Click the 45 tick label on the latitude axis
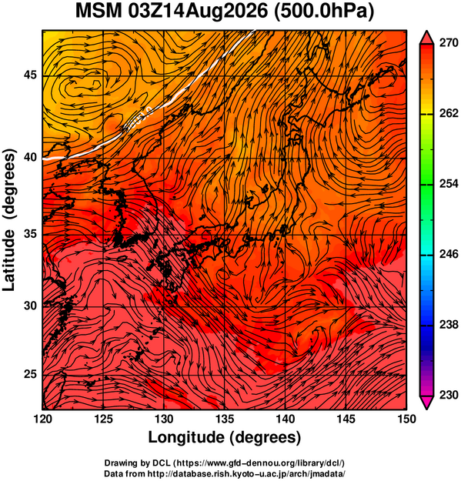coord(30,75)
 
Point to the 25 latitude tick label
coord(30,375)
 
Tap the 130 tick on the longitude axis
coord(164,419)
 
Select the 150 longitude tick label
coord(406,419)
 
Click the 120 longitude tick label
coord(42,419)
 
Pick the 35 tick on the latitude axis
coord(30,235)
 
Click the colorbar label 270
coord(449,43)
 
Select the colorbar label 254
coord(449,184)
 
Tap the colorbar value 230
coord(449,395)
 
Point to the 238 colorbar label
coord(449,325)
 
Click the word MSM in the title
coord(99,12)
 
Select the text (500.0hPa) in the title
coord(323,12)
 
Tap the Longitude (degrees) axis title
coord(225,437)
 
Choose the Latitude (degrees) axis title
coord(8,220)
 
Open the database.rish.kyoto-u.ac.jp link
coord(246,473)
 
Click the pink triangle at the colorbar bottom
coord(426,403)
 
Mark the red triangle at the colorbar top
coord(426,38)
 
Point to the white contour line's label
coord(138,119)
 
